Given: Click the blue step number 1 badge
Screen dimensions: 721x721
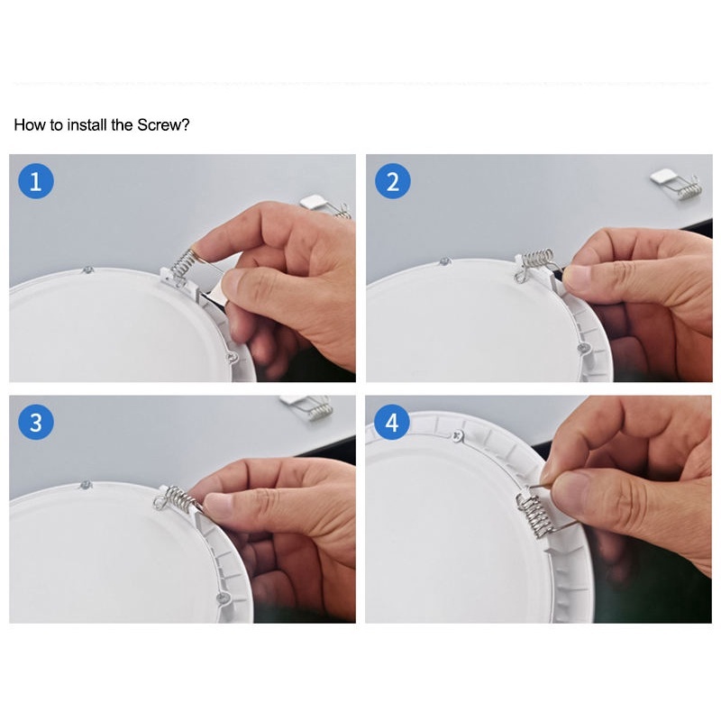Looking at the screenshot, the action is click(36, 181).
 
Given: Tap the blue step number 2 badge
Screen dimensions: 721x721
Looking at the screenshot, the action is click(393, 181).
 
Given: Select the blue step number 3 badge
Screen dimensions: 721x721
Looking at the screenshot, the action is click(36, 422).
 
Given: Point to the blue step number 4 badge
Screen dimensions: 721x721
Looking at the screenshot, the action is click(392, 422).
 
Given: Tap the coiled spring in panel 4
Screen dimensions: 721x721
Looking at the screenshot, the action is click(534, 515).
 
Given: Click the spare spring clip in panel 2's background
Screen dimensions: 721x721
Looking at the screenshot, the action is click(677, 184).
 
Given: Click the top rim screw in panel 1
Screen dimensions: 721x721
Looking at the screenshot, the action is click(87, 269).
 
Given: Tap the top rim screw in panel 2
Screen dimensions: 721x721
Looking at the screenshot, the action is click(444, 261).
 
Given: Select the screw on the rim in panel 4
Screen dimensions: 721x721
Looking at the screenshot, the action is click(457, 436).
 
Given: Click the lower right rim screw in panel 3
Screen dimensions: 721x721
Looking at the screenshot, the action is click(223, 598).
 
